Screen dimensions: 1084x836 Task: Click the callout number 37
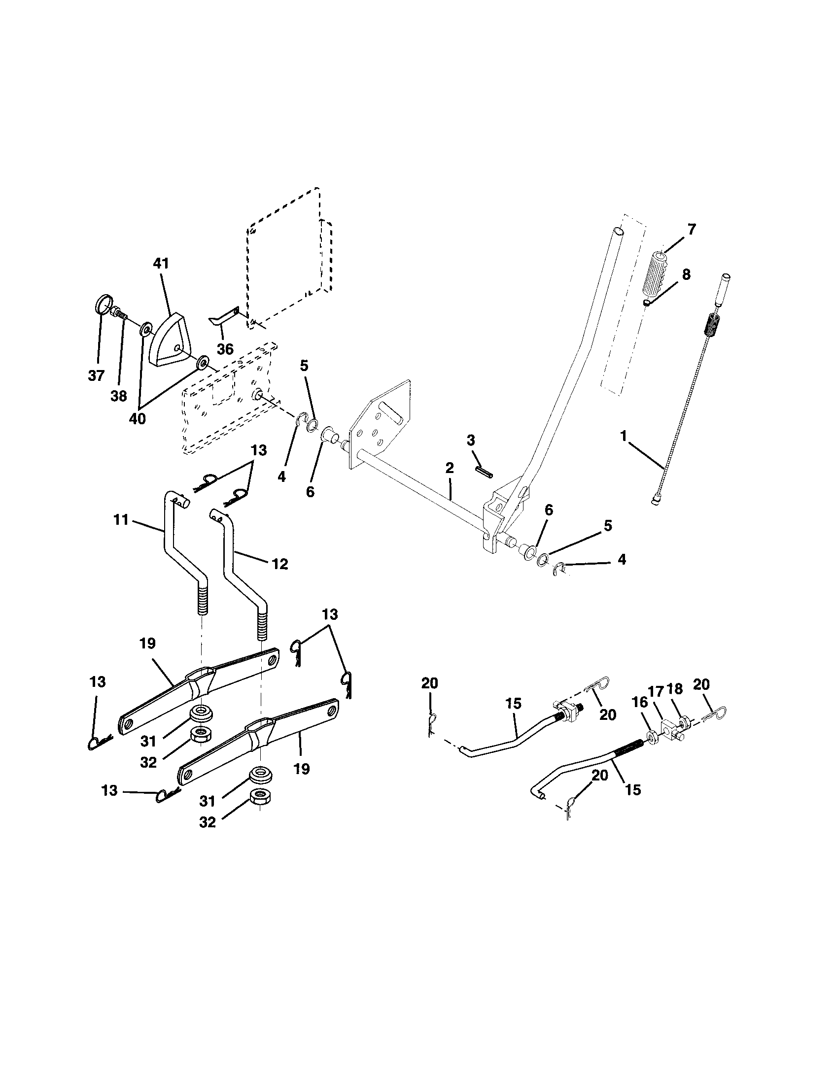coord(96,375)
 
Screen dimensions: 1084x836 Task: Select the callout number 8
coord(686,274)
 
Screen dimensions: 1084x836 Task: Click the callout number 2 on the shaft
coord(450,468)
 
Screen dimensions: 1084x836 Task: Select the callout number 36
coord(225,349)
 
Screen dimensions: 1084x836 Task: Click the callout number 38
coord(119,396)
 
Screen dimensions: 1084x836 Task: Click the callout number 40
coord(138,419)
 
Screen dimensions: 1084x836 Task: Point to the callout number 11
coord(121,520)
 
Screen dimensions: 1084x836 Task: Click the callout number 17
coord(655,690)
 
